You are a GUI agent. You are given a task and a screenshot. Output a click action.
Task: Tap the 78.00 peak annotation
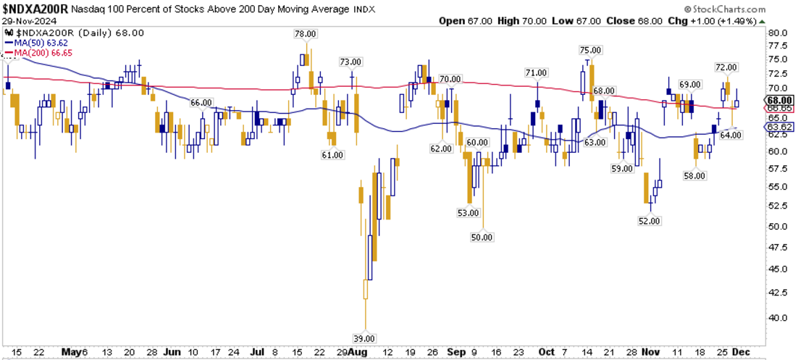point(305,33)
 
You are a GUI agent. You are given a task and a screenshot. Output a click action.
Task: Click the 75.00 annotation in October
point(591,50)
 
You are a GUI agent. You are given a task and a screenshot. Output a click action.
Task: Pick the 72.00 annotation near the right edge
point(726,67)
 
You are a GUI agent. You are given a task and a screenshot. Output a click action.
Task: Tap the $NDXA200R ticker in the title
point(35,8)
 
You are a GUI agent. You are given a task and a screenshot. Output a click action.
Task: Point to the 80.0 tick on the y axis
point(777,33)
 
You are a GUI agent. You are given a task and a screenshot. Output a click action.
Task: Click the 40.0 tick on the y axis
point(777,317)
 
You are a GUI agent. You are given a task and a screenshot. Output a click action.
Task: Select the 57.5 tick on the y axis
point(777,169)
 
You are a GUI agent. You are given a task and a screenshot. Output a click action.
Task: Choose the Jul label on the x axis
point(258,351)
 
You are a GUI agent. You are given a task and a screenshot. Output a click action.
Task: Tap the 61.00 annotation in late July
point(332,155)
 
